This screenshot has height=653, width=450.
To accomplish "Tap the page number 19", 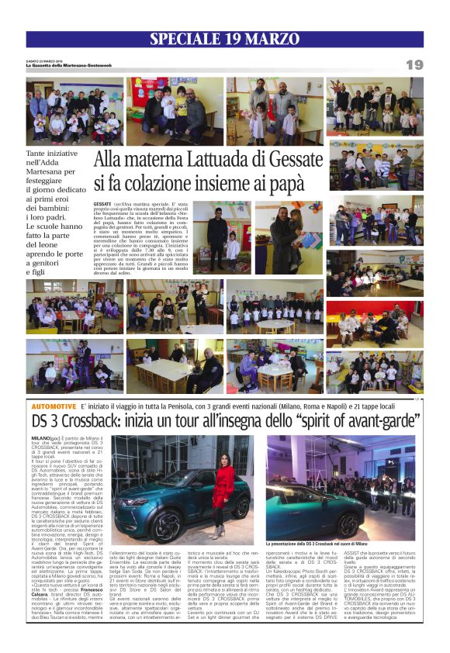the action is click(x=414, y=64).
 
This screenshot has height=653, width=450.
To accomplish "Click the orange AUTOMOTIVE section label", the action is click(x=55, y=406).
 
